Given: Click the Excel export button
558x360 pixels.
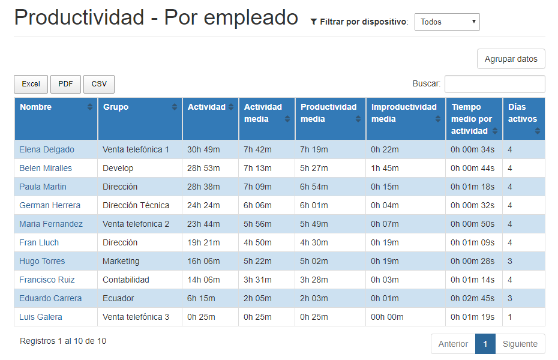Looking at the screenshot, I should [x=31, y=84].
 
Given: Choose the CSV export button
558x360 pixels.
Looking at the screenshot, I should [x=99, y=84].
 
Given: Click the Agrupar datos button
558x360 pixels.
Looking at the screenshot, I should [x=511, y=59].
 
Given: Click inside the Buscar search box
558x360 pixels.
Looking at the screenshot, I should [x=494, y=84].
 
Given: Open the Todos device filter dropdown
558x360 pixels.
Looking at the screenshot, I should [x=447, y=22].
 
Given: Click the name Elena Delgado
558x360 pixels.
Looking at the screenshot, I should [x=47, y=149].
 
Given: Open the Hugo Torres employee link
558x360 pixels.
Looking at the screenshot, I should [x=42, y=261].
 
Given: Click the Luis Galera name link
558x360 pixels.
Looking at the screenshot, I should [x=41, y=317].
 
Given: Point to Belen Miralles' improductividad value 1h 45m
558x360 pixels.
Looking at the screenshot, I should [x=385, y=168].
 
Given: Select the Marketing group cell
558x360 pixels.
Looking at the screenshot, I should [x=121, y=261].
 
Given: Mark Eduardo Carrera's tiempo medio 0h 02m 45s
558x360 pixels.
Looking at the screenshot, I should [x=473, y=298].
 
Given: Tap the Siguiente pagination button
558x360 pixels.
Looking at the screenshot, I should [x=520, y=344].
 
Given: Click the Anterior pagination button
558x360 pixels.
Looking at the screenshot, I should [x=453, y=344].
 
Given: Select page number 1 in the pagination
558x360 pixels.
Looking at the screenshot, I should [x=485, y=344].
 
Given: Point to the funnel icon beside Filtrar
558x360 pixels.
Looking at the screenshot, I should [x=314, y=22].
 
